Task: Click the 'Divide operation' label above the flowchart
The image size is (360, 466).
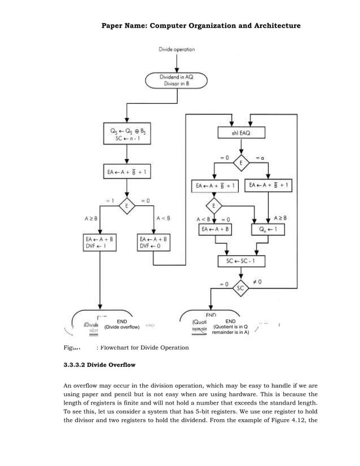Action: pyautogui.click(x=177, y=50)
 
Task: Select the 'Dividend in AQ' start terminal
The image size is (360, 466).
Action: pyautogui.click(x=177, y=80)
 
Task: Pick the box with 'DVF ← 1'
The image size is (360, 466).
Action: pyautogui.click(x=99, y=243)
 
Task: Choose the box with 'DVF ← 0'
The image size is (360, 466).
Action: pyautogui.click(x=152, y=243)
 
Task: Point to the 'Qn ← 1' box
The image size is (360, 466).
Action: pyautogui.click(x=267, y=230)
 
